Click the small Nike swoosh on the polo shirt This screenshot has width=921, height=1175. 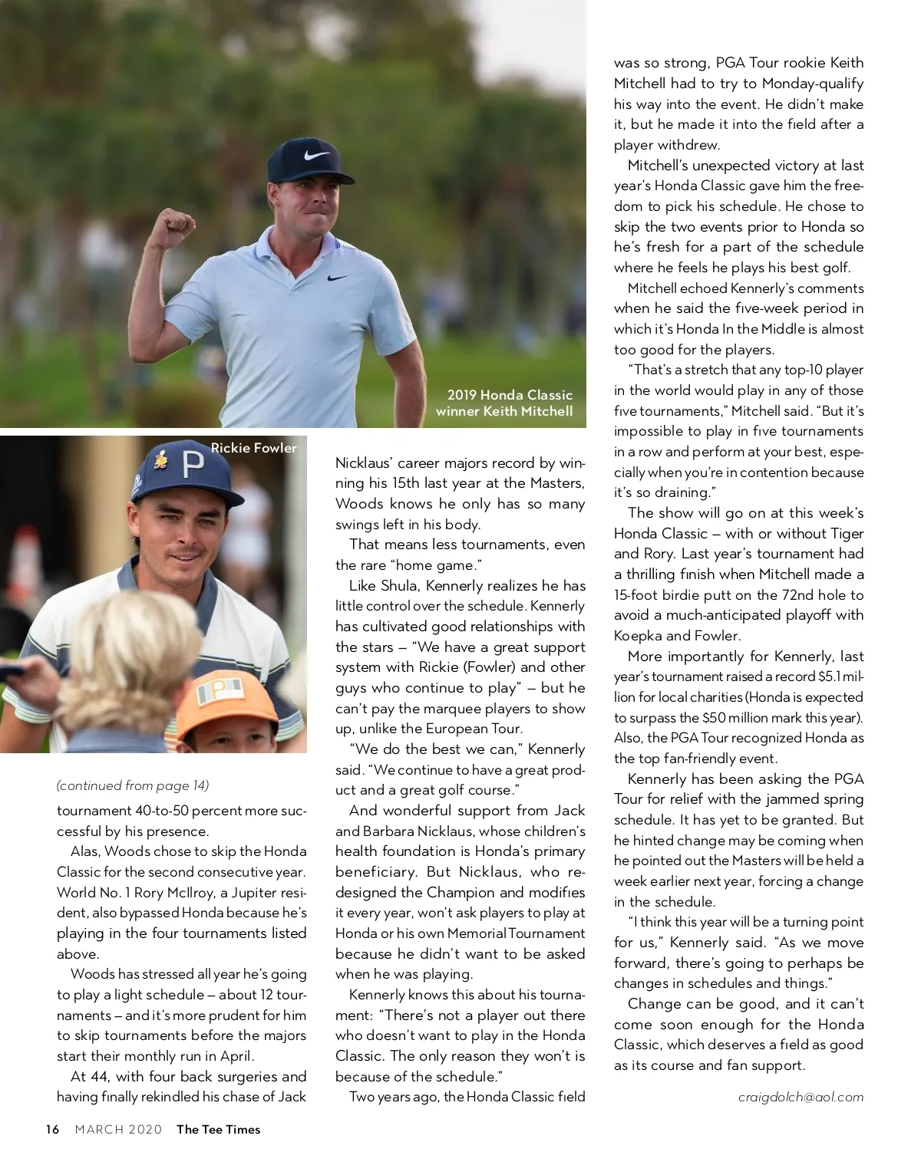click(x=336, y=277)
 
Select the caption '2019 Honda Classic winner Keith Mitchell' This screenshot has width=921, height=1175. click(x=504, y=403)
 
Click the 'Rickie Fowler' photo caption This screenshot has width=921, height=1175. click(x=253, y=448)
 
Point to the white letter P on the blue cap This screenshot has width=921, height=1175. click(x=192, y=464)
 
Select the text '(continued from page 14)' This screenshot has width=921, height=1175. click(x=133, y=785)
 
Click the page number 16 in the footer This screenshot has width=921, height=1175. click(x=52, y=1129)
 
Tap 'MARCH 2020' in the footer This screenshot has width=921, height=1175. click(x=118, y=1129)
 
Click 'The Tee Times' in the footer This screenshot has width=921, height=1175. click(x=218, y=1129)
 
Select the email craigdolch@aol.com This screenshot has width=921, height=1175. click(x=801, y=1097)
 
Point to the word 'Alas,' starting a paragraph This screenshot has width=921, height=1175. click(x=85, y=851)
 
